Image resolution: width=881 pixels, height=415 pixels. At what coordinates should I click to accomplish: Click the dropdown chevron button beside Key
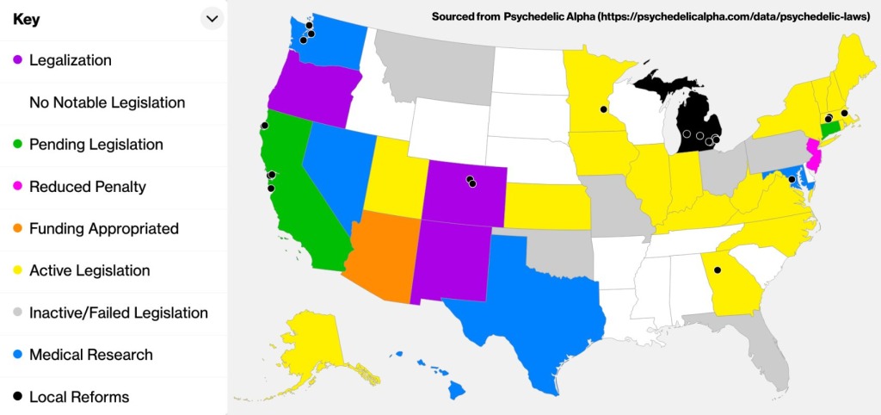tap(212, 18)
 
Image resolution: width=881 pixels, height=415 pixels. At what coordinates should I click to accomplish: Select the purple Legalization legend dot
tap(17, 60)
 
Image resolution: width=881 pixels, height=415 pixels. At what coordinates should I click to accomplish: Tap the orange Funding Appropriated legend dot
tap(17, 229)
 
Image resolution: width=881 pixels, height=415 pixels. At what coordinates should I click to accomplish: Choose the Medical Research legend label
tap(90, 355)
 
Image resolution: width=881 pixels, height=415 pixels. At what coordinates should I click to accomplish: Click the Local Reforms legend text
tap(78, 397)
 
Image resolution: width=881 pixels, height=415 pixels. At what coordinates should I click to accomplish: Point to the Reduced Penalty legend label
tap(87, 187)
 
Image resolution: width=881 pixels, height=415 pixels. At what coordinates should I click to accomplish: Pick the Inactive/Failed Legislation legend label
tap(118, 313)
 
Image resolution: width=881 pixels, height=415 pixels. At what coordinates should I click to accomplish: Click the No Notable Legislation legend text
tap(107, 102)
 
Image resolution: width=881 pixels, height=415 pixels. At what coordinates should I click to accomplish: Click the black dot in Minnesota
tap(603, 109)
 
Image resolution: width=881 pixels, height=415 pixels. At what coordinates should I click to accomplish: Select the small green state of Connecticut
tap(831, 129)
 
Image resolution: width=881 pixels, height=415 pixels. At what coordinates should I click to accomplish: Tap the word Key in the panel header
tap(26, 18)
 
